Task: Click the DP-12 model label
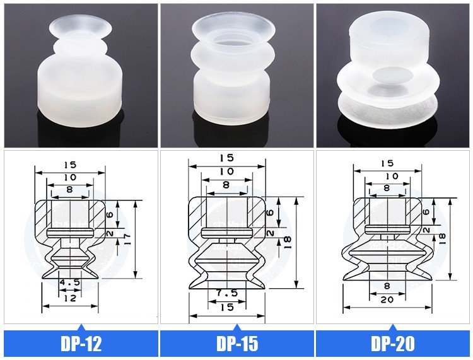81,343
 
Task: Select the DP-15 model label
237,343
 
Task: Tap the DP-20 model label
393,343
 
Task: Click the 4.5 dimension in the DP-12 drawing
69,282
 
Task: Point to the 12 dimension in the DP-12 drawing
70,298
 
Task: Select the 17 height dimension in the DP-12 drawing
126,239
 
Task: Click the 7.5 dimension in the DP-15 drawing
227,293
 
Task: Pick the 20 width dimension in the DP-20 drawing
387,299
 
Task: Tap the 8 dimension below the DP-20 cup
387,285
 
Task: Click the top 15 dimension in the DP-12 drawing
70,165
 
